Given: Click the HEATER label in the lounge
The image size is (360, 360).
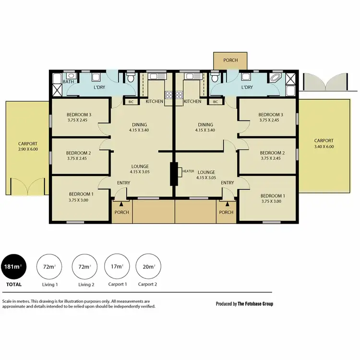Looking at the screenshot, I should click(x=188, y=170).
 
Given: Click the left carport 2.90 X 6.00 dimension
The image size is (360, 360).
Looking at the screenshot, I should click(x=27, y=149).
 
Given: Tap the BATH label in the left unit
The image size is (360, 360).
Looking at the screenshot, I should click(x=69, y=82).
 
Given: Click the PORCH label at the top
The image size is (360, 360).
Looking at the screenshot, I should click(x=230, y=60).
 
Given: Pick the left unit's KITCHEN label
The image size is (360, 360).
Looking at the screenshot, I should click(x=155, y=101).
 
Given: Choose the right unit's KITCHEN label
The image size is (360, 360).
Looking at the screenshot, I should click(x=192, y=101).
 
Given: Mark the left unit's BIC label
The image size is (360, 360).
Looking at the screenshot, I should click(x=131, y=102).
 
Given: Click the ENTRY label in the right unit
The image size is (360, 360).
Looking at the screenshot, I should click(x=228, y=183).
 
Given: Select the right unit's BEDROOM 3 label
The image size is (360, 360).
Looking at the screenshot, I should click(x=271, y=115).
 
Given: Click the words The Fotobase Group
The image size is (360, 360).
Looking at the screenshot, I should click(x=255, y=304).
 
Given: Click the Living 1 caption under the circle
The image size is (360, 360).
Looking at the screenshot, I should click(x=50, y=285).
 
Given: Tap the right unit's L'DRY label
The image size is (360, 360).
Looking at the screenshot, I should click(x=247, y=87).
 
